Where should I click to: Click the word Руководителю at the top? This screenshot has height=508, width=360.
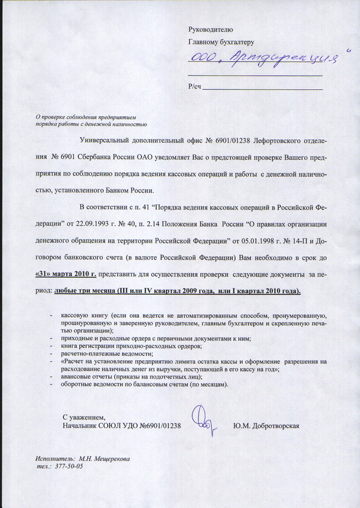point(210,29)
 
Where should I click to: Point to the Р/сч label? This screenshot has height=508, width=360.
point(194,86)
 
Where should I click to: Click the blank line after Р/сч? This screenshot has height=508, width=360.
point(262,88)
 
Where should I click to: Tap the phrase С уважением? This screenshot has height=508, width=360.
point(84,417)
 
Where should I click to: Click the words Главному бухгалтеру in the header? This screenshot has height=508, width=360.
point(221,42)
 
